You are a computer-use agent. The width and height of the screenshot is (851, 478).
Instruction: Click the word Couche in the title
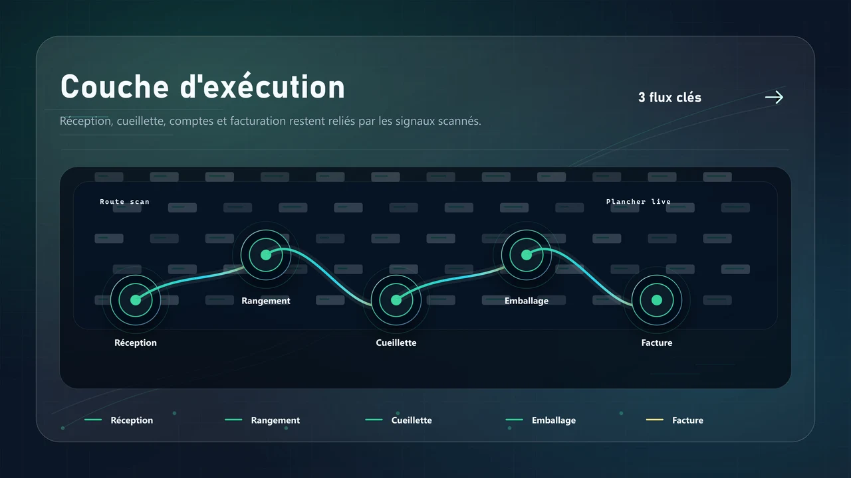tap(114, 87)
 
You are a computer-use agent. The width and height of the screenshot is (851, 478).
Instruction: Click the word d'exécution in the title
tap(263, 86)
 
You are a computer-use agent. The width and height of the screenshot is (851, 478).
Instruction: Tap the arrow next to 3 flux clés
tap(774, 98)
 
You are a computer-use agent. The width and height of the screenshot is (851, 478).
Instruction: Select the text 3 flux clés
tap(669, 98)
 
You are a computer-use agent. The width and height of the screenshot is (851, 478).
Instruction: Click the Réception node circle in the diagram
tap(136, 300)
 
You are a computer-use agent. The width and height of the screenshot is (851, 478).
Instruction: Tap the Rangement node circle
tap(266, 255)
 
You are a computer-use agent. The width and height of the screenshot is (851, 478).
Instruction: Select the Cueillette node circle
tap(396, 300)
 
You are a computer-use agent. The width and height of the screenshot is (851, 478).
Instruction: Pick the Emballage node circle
tap(527, 255)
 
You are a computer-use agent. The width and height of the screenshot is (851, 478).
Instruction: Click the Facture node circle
tap(657, 300)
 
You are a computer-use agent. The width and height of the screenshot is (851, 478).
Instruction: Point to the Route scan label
tap(124, 202)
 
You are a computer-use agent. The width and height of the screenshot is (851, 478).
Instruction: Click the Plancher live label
tap(638, 202)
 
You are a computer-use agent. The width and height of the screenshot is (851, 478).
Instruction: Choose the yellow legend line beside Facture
tap(655, 420)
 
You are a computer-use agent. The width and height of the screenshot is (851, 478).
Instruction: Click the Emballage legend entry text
tap(554, 420)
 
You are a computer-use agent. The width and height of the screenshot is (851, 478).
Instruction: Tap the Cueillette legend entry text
tap(412, 420)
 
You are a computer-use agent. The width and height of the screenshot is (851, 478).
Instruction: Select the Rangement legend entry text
tap(275, 420)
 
